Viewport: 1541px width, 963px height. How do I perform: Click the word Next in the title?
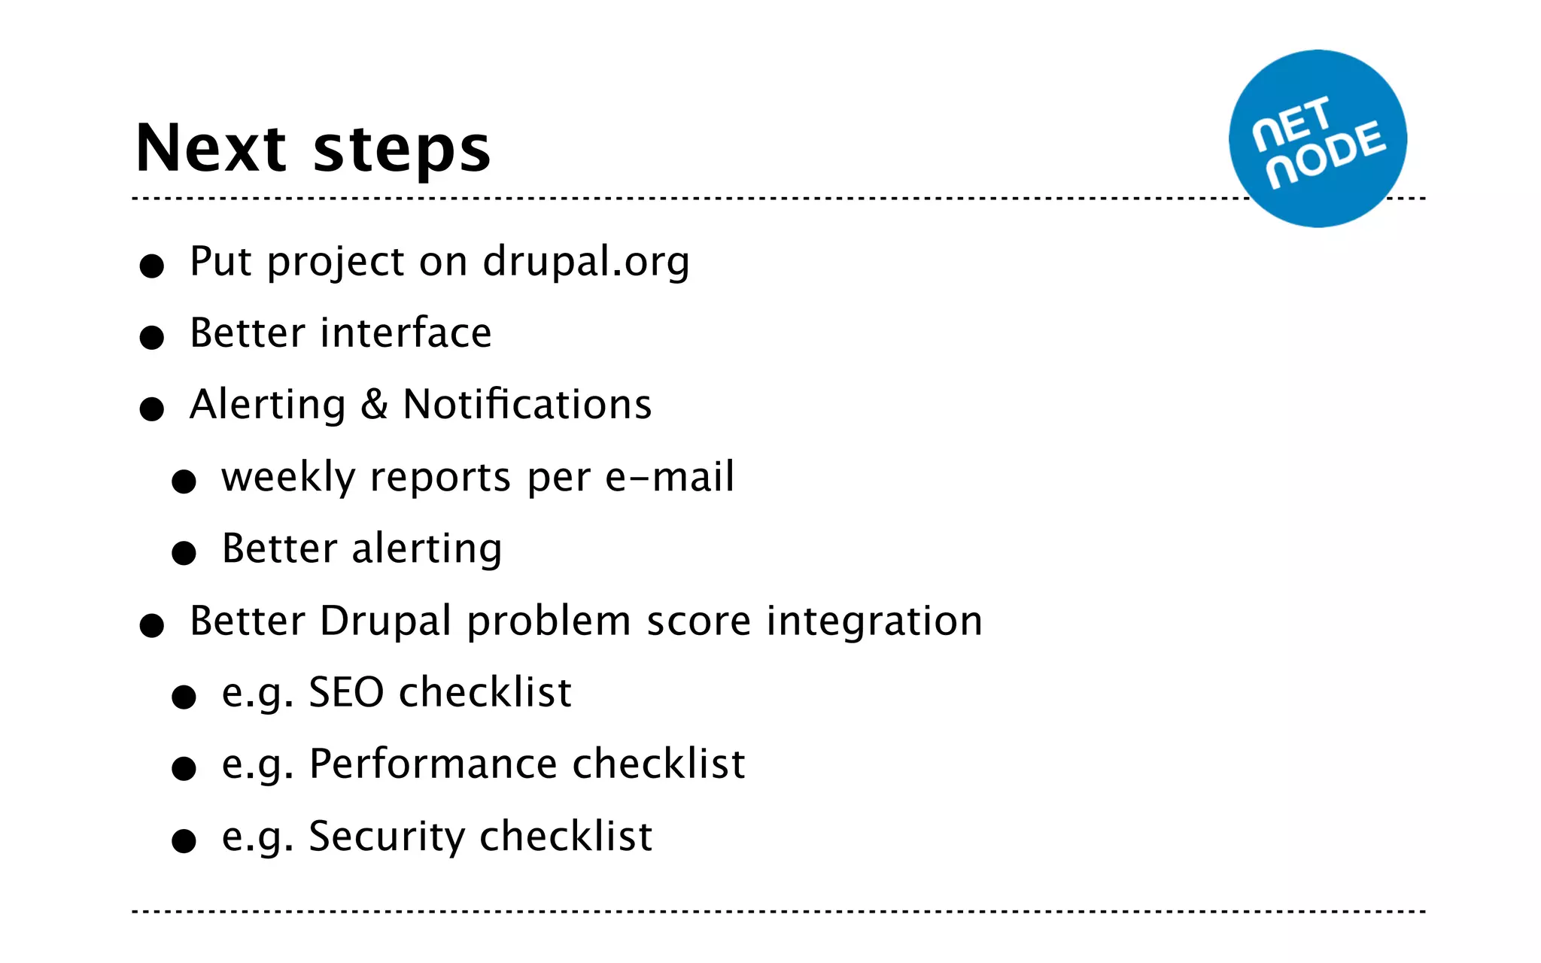[211, 148]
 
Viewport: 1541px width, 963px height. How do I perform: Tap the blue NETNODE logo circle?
[1318, 139]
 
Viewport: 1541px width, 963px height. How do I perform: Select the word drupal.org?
[585, 262]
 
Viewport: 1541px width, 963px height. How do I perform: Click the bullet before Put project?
[152, 266]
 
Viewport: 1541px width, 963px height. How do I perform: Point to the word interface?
[406, 333]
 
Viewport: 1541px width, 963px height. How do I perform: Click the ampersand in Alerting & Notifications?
[374, 405]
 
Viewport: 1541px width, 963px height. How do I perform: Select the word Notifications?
[527, 405]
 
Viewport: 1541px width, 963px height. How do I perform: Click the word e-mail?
[670, 477]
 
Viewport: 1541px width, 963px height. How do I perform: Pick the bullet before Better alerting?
[184, 553]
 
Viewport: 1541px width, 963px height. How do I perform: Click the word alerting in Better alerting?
[427, 549]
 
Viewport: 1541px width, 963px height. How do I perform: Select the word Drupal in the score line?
[385, 622]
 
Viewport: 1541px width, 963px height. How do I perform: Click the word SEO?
[346, 692]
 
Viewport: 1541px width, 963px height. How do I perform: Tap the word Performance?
[433, 764]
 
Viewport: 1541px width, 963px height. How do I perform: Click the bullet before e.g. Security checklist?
[184, 840]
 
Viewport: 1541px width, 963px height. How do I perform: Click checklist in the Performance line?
[658, 764]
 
